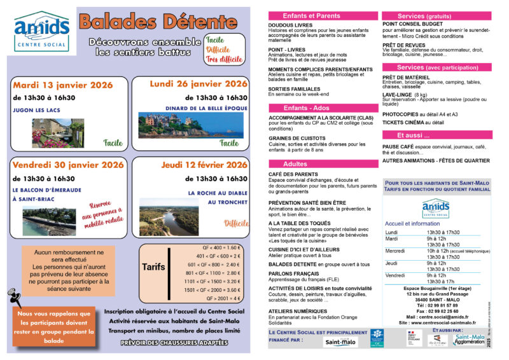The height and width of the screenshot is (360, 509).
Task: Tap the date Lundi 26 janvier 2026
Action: pos(199,83)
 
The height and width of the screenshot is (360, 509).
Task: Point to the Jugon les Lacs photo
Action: pos(58,132)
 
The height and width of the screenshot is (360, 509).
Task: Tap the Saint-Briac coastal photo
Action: pos(48,221)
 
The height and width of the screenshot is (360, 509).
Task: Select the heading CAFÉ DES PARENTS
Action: pos(293,174)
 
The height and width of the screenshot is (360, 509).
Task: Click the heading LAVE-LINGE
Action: pos(396,95)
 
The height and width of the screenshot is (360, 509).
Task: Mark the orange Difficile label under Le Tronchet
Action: pos(236,223)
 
